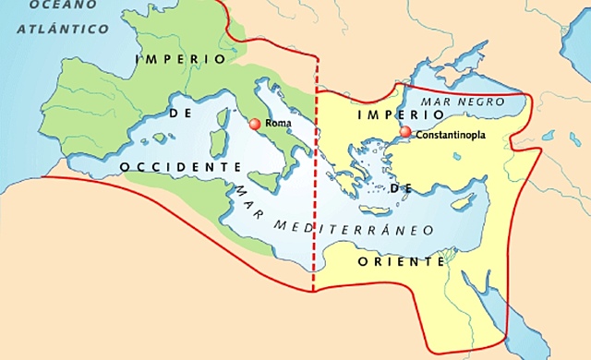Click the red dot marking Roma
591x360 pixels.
click(256, 124)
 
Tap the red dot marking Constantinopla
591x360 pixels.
click(405, 133)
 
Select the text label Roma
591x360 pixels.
click(278, 123)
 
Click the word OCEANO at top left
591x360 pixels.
click(38, 6)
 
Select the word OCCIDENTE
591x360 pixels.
click(180, 165)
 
